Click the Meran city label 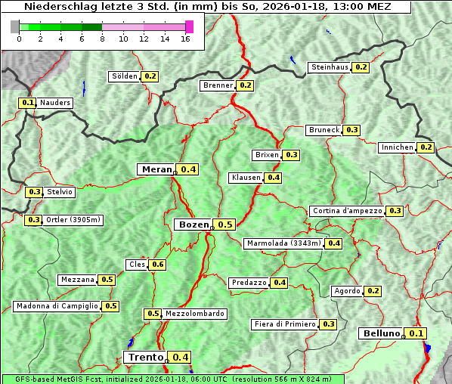(x=157, y=169)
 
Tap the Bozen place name (x=193, y=225)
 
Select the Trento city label (x=146, y=358)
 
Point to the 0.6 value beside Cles (x=157, y=265)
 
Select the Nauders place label (x=55, y=103)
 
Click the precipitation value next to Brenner (x=245, y=85)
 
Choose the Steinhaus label (x=330, y=67)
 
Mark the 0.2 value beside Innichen (x=426, y=147)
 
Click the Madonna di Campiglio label (x=57, y=306)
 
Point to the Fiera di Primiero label (x=284, y=324)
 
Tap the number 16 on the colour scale (x=185, y=39)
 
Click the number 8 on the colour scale (x=102, y=39)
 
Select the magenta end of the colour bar (x=189, y=26)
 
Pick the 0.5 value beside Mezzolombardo (x=153, y=314)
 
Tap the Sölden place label (x=125, y=76)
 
